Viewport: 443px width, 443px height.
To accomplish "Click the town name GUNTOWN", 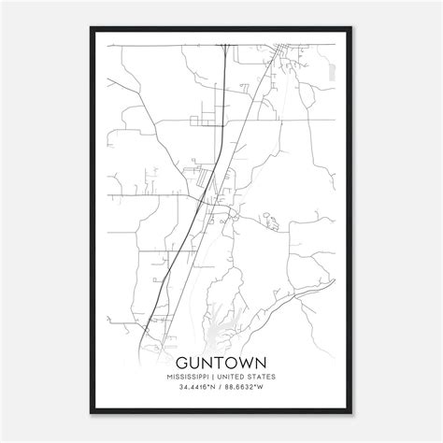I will point(221,361).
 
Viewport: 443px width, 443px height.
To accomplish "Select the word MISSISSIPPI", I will point(192,378).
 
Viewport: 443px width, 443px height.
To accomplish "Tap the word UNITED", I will point(231,378).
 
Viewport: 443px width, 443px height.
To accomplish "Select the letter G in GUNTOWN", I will point(181,361).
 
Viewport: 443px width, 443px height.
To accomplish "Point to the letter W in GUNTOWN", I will point(245,361).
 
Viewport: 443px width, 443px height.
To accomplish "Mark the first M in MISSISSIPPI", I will point(172,378).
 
